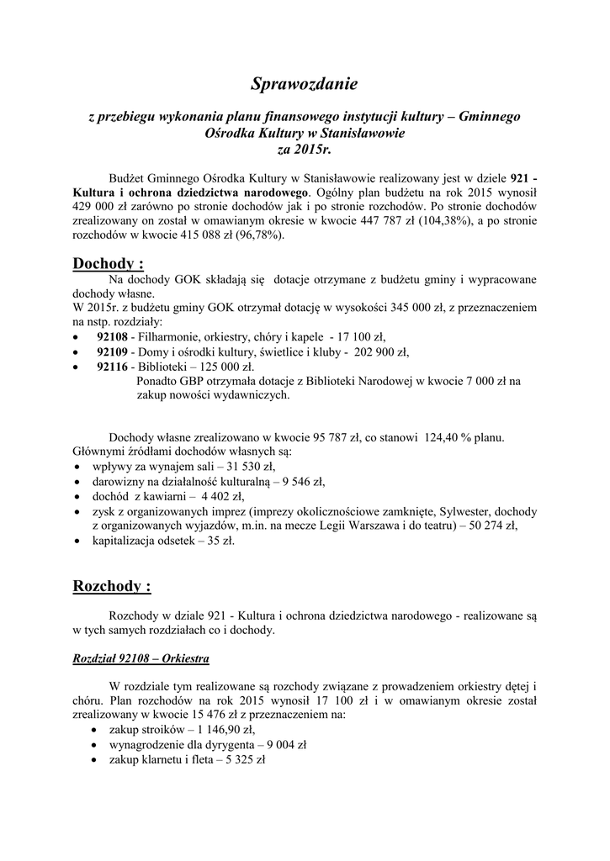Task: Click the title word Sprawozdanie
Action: pyautogui.click(x=305, y=83)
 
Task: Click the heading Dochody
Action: pyautogui.click(x=108, y=265)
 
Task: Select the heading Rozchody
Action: pyautogui.click(x=112, y=585)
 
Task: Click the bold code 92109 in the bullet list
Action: pyautogui.click(x=113, y=351)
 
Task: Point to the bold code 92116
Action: pyautogui.click(x=113, y=367)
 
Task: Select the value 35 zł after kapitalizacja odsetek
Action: pyautogui.click(x=220, y=541)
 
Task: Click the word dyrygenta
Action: pyautogui.click(x=220, y=744)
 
